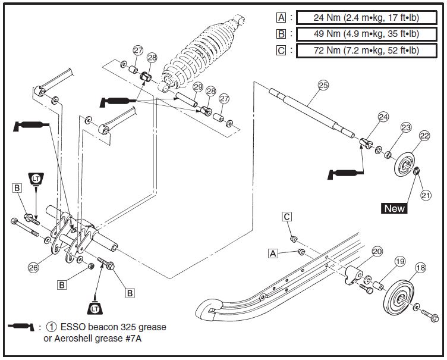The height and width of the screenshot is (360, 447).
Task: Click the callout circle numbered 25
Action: click(x=323, y=86)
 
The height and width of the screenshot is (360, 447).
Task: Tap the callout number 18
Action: click(x=420, y=268)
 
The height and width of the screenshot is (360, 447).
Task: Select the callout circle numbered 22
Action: click(x=424, y=136)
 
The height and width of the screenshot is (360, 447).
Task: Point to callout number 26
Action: click(x=34, y=268)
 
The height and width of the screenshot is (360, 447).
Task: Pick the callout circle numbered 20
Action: click(x=377, y=252)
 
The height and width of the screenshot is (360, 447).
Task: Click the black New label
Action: click(x=395, y=208)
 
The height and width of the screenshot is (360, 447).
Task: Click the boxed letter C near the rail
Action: click(x=287, y=218)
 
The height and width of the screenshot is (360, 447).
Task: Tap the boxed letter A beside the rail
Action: click(x=273, y=253)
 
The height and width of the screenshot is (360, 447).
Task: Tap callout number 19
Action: click(x=399, y=261)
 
